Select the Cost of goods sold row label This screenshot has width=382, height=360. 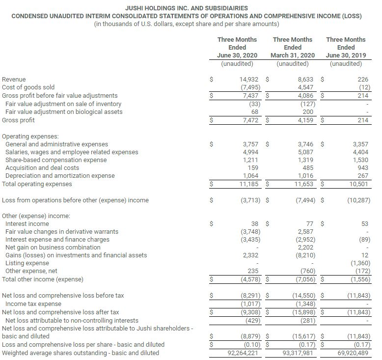pyautogui.click(x=28, y=87)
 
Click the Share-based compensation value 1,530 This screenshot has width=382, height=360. pyautogui.click(x=360, y=160)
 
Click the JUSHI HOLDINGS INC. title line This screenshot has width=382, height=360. pyautogui.click(x=187, y=8)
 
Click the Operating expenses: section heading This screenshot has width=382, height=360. pyautogui.click(x=30, y=136)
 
